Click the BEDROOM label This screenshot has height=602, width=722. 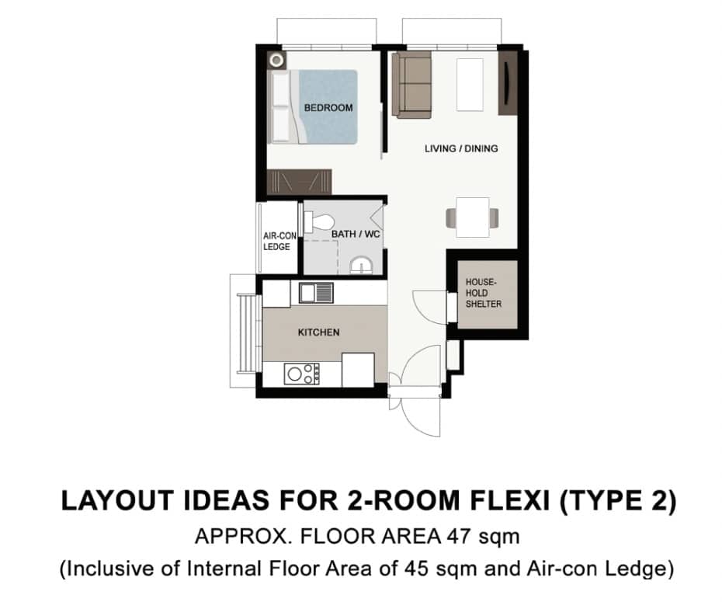328,108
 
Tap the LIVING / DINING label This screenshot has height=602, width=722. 461,148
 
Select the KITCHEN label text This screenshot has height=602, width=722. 318,332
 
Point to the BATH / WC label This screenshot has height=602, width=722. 356,234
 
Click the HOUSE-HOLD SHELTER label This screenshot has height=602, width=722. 484,293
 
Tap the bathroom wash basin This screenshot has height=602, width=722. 362,266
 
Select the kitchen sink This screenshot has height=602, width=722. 316,293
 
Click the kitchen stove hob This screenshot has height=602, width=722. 301,374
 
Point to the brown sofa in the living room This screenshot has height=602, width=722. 411,85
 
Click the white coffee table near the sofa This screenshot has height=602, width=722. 470,85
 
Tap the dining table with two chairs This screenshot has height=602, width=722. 473,217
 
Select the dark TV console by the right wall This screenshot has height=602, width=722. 508,83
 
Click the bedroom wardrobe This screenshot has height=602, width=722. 300,182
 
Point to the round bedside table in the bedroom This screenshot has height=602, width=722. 276,61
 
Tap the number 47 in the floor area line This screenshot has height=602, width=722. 460,537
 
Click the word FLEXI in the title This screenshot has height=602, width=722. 509,501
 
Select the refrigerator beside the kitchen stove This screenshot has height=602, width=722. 358,370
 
